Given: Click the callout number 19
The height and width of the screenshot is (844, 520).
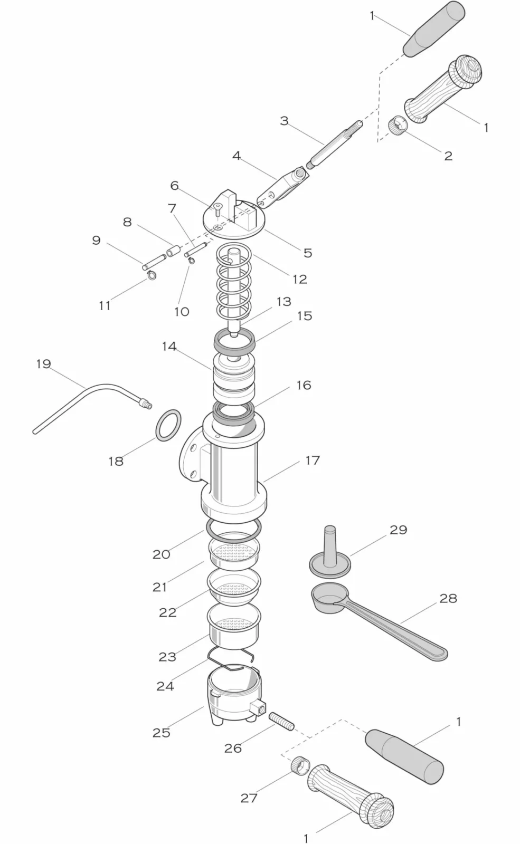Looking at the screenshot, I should pyautogui.click(x=43, y=364).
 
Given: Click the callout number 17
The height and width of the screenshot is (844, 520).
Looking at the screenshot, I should pyautogui.click(x=313, y=461).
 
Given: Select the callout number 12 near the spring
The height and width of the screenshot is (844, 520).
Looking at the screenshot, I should pyautogui.click(x=299, y=279).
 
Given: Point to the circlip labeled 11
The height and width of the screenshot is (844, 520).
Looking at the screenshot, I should pyautogui.click(x=152, y=275).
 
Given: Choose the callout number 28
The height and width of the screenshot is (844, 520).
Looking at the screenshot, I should pyautogui.click(x=448, y=598).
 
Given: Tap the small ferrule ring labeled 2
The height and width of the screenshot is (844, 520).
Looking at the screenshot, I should pyautogui.click(x=398, y=125).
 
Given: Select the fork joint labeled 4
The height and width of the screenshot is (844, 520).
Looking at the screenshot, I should pyautogui.click(x=282, y=185).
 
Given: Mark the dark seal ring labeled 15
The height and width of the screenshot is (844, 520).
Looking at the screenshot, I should pyautogui.click(x=235, y=340).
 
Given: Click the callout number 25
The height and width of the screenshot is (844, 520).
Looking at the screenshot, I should pyautogui.click(x=162, y=733).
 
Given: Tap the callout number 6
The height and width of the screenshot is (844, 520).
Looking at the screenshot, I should pyautogui.click(x=174, y=186).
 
